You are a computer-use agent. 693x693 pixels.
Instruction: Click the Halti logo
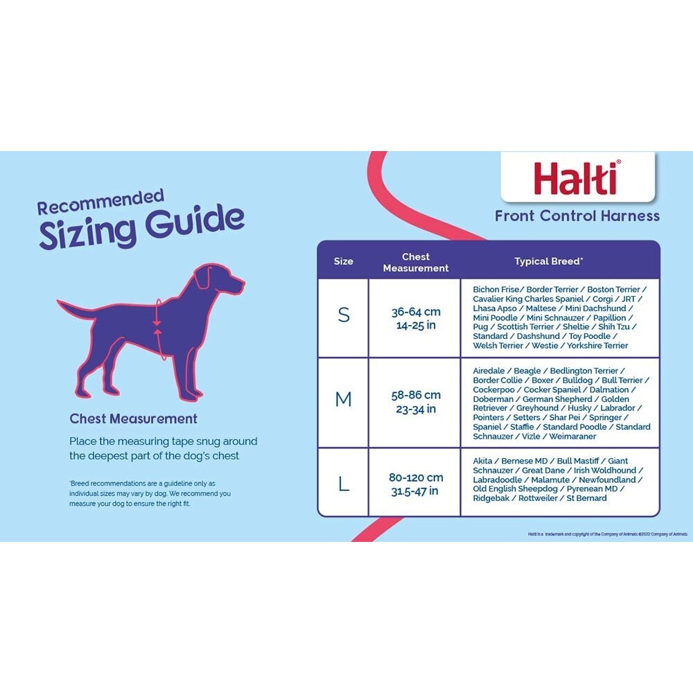(577, 177)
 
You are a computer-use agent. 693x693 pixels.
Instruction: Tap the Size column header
(343, 261)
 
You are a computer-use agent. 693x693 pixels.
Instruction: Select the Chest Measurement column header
(416, 262)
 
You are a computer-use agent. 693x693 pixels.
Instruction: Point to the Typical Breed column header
(548, 261)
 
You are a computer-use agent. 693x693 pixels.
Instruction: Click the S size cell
(344, 316)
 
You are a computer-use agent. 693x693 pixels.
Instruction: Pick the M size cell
(344, 400)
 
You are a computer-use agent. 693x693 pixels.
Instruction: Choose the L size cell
(344, 484)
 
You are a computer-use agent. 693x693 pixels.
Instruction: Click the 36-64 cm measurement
(416, 313)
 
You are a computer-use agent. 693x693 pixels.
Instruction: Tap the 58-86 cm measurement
(416, 395)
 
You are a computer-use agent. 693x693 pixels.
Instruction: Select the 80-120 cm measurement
(416, 477)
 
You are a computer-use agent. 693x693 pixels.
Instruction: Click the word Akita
(484, 461)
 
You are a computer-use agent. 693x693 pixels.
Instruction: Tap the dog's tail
(73, 308)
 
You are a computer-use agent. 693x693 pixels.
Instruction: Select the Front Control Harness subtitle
(577, 216)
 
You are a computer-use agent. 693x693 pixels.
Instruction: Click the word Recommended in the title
(100, 202)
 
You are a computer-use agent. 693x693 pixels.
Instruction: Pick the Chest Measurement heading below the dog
(133, 419)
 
